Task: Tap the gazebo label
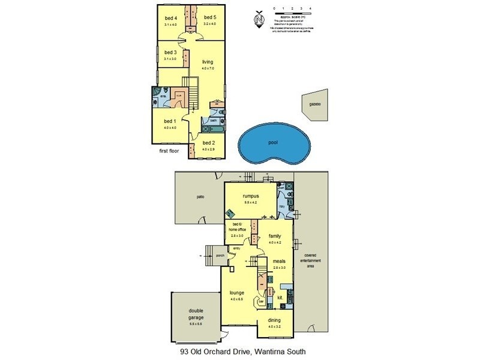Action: pyautogui.click(x=316, y=104)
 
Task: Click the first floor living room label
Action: pyautogui.click(x=208, y=62)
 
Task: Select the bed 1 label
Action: pyautogui.click(x=170, y=121)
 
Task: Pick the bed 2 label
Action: pyautogui.click(x=208, y=142)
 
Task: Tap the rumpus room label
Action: pyautogui.click(x=250, y=196)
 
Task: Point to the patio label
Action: pyautogui.click(x=200, y=196)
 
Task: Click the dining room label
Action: pyautogui.click(x=275, y=320)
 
